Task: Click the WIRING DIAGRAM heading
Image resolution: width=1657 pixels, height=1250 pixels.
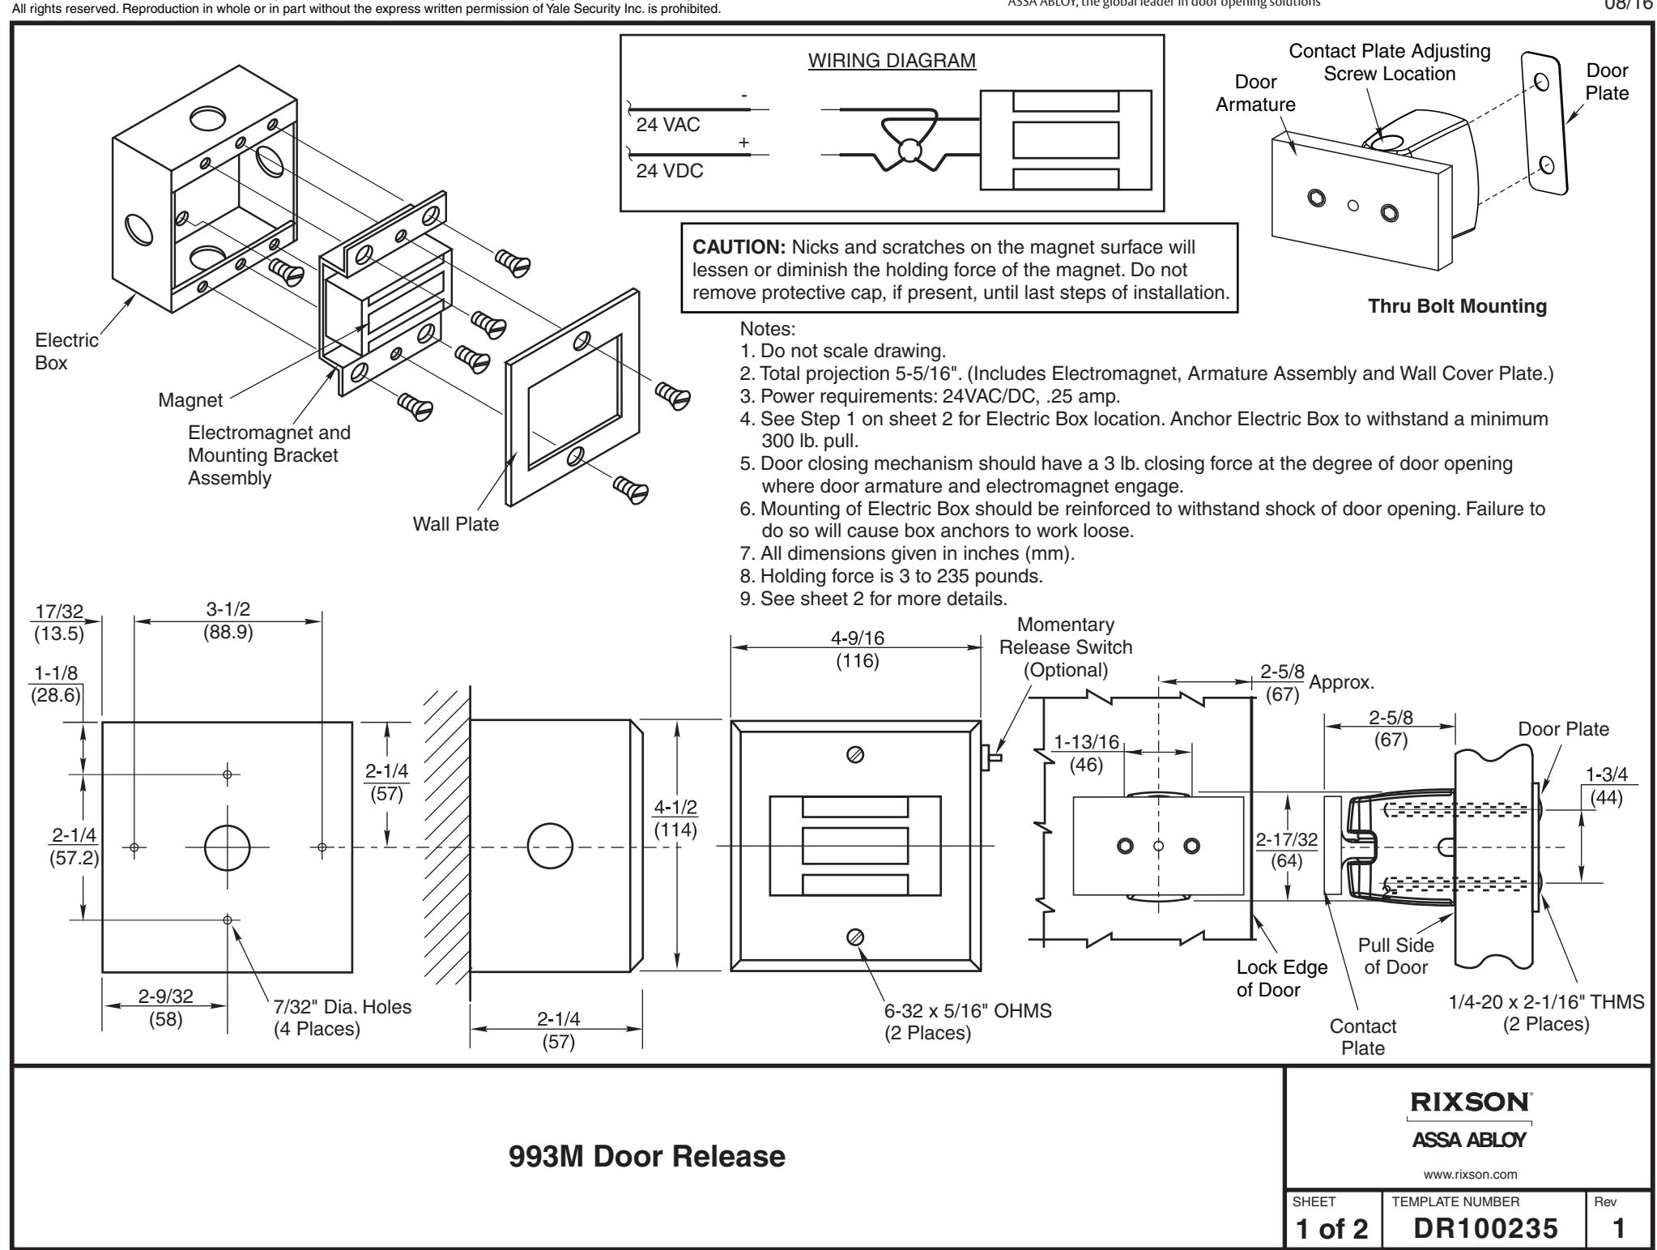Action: pyautogui.click(x=892, y=62)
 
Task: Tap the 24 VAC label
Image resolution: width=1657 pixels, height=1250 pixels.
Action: pyautogui.click(x=667, y=126)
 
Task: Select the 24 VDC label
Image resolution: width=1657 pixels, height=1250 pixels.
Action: pyautogui.click(x=668, y=173)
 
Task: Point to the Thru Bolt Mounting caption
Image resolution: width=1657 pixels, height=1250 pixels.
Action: pyautogui.click(x=1457, y=306)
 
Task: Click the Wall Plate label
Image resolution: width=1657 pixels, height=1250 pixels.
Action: pyautogui.click(x=455, y=524)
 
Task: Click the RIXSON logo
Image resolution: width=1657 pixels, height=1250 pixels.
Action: pyautogui.click(x=1468, y=1103)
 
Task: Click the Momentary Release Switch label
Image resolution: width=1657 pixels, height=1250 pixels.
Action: pyautogui.click(x=1066, y=647)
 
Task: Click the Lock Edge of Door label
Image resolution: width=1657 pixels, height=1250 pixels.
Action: pyautogui.click(x=1282, y=978)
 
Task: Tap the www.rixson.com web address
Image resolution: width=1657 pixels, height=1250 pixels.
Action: pyautogui.click(x=1468, y=1173)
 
